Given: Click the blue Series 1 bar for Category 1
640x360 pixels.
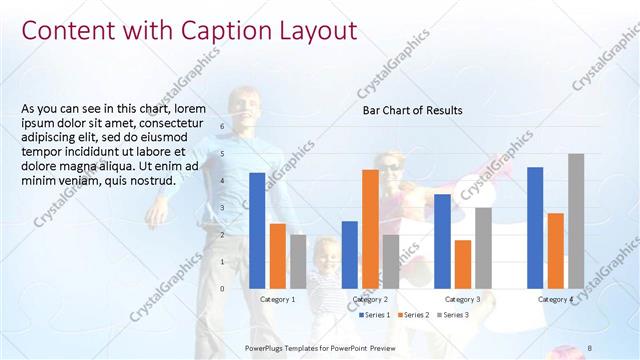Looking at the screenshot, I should coord(257,230).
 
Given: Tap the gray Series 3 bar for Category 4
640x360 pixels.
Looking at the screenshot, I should coord(576,220).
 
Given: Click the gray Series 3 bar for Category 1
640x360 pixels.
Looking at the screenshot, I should coord(298,261).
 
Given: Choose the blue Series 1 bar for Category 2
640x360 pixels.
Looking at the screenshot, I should coord(350,254).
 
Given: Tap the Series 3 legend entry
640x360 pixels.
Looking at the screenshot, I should coord(454,315).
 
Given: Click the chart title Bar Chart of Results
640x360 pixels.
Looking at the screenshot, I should coord(412,110).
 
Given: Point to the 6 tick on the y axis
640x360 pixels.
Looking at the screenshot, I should coord(222,127).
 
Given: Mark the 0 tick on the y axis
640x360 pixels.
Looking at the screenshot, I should coord(222,288).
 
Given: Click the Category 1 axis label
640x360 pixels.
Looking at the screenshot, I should coord(277,299).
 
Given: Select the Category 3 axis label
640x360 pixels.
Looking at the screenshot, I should coord(462,299).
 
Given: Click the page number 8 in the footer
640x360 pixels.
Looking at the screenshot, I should coord(590,347).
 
